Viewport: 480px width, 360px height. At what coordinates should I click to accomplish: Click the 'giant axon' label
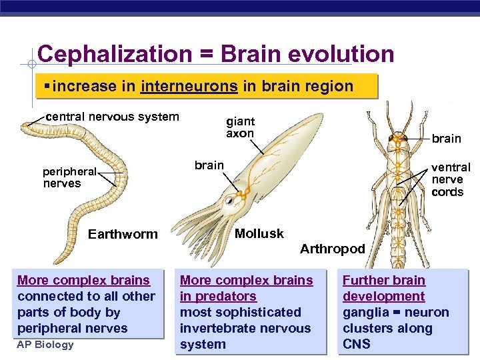(x=240, y=127)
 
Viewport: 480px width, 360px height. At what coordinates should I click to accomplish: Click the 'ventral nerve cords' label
(x=451, y=179)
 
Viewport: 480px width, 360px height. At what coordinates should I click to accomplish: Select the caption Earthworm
(x=123, y=234)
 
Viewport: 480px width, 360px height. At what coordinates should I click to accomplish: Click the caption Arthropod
(x=332, y=249)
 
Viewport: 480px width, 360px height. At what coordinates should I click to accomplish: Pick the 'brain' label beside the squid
(x=209, y=165)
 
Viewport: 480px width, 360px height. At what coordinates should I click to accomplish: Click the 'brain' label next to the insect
(x=446, y=139)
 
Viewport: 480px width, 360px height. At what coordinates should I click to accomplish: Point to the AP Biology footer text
(x=45, y=345)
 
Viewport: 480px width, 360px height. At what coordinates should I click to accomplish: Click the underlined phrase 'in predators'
(x=218, y=296)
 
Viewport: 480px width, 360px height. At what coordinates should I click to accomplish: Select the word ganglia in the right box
(x=366, y=312)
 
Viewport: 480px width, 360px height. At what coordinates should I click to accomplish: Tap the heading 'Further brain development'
(x=384, y=288)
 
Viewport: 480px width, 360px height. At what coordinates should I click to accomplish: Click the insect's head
(x=399, y=140)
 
